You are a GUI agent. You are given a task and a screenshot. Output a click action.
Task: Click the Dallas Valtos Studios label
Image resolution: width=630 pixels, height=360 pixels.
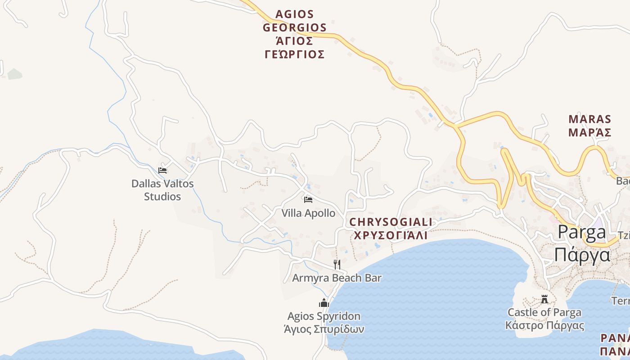click(x=162, y=190)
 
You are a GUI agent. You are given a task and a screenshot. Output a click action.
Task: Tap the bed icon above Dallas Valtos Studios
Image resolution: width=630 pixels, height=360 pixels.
click(x=162, y=170)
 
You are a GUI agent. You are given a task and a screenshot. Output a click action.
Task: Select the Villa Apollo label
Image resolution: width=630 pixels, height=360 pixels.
click(x=308, y=213)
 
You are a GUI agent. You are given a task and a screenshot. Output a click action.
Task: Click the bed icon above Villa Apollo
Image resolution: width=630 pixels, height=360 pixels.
click(x=308, y=199)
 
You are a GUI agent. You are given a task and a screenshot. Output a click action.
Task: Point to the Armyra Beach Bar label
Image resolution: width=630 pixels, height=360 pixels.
click(x=337, y=278)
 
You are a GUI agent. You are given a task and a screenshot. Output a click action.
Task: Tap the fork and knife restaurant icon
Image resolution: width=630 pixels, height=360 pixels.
click(x=337, y=264)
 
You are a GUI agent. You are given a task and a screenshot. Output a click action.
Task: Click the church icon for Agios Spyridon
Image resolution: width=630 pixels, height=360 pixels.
click(x=324, y=303)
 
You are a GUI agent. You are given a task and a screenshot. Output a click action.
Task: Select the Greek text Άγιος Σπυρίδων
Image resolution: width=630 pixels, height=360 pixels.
click(x=324, y=329)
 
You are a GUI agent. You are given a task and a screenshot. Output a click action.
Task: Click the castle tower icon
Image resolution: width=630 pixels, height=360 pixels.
click(x=544, y=299)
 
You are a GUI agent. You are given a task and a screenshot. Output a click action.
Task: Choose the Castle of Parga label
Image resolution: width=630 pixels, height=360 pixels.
click(x=544, y=312)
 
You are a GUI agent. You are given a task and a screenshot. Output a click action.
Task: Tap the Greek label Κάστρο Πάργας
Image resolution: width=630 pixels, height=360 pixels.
click(x=544, y=325)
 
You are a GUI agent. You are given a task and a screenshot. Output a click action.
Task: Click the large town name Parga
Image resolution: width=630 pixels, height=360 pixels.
click(x=582, y=232)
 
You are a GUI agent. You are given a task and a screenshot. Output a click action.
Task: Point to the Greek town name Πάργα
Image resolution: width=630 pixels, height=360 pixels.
click(x=582, y=255)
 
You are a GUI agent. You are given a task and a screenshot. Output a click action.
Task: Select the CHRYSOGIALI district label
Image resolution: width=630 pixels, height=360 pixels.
click(x=391, y=222)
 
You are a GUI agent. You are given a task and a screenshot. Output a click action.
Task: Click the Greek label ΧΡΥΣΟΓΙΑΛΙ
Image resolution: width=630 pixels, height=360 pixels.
click(x=391, y=235)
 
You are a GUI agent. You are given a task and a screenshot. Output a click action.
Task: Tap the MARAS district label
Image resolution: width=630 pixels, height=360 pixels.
click(x=590, y=119)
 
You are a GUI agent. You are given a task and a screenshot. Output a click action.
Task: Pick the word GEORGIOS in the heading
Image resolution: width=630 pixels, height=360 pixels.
click(x=294, y=27)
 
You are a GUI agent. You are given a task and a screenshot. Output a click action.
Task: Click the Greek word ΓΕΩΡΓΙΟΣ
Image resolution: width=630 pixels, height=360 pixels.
click(x=294, y=54)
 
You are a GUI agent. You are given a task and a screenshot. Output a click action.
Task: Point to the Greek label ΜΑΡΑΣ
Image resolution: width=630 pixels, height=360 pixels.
click(x=590, y=132)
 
